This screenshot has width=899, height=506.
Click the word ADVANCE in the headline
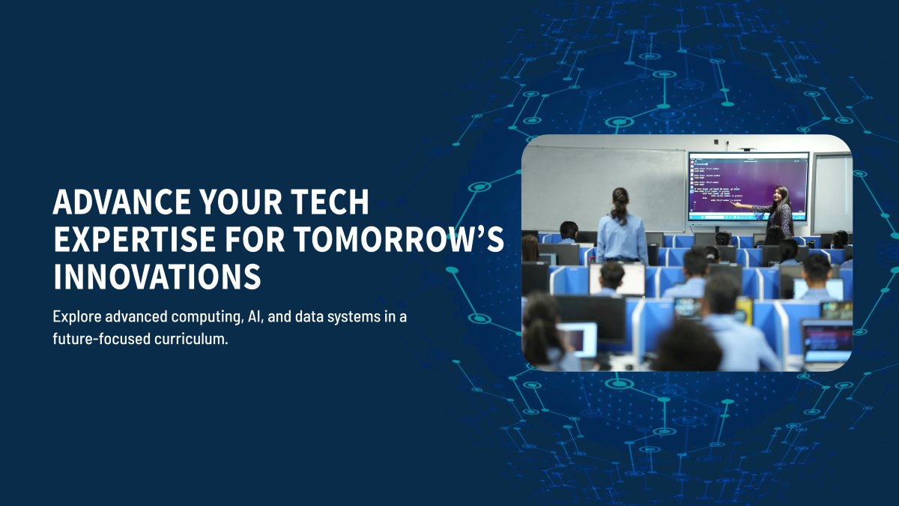coord(107,202)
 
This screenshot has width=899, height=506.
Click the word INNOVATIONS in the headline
coord(157,276)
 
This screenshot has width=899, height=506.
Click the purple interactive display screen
coord(748,187)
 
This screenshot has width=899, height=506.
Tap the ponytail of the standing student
coord(621,205)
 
